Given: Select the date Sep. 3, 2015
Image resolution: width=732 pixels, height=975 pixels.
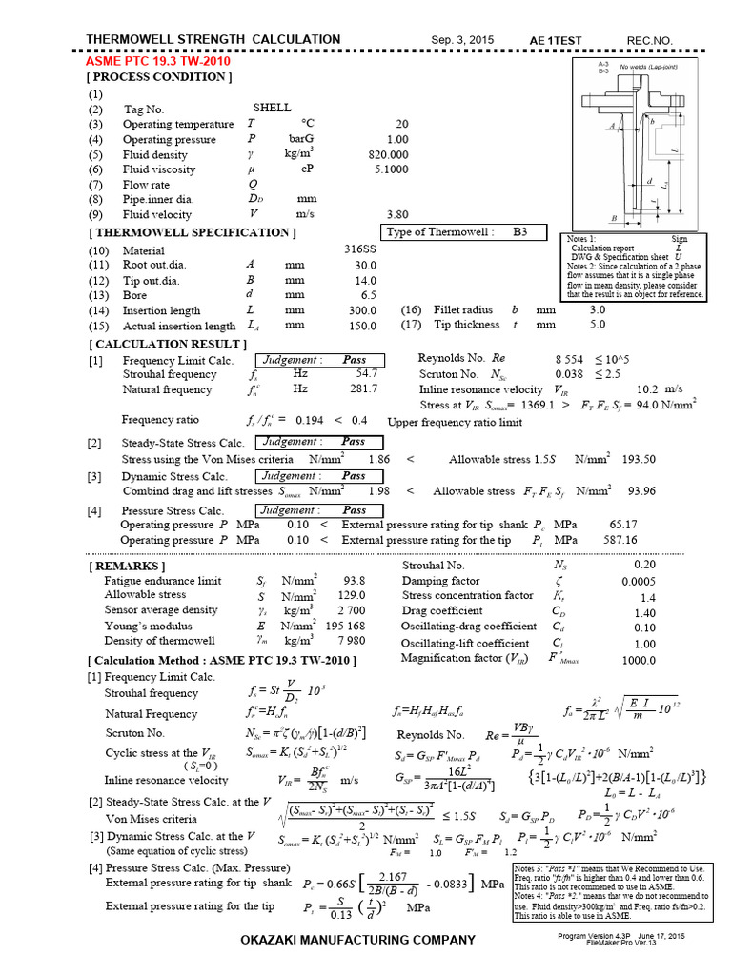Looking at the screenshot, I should click(x=461, y=40).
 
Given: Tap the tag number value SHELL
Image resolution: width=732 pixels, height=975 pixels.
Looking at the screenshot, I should click(x=272, y=109).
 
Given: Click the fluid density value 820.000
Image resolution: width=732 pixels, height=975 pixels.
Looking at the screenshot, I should click(x=389, y=154).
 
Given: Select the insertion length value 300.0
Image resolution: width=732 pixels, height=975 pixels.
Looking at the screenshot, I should click(x=363, y=310).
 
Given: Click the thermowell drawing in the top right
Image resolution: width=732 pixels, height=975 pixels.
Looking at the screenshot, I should click(x=640, y=143).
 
